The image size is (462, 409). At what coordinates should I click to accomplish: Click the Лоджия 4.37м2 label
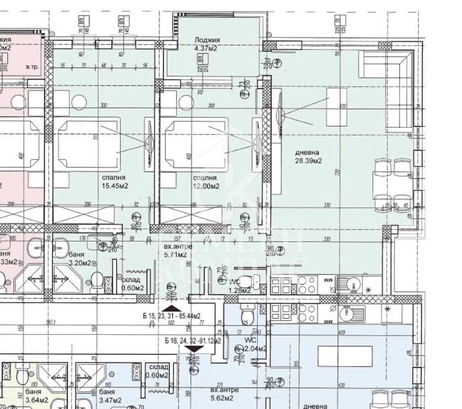click(207, 44)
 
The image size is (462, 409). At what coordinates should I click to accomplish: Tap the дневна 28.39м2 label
click(308, 156)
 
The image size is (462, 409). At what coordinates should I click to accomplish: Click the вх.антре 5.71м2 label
click(175, 250)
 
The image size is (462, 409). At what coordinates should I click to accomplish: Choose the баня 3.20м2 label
click(80, 258)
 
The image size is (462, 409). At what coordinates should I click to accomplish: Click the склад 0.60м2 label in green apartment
click(131, 284)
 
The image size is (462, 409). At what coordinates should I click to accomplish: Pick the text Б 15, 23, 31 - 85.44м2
click(172, 316)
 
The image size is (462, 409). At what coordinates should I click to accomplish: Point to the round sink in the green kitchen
click(351, 283)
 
